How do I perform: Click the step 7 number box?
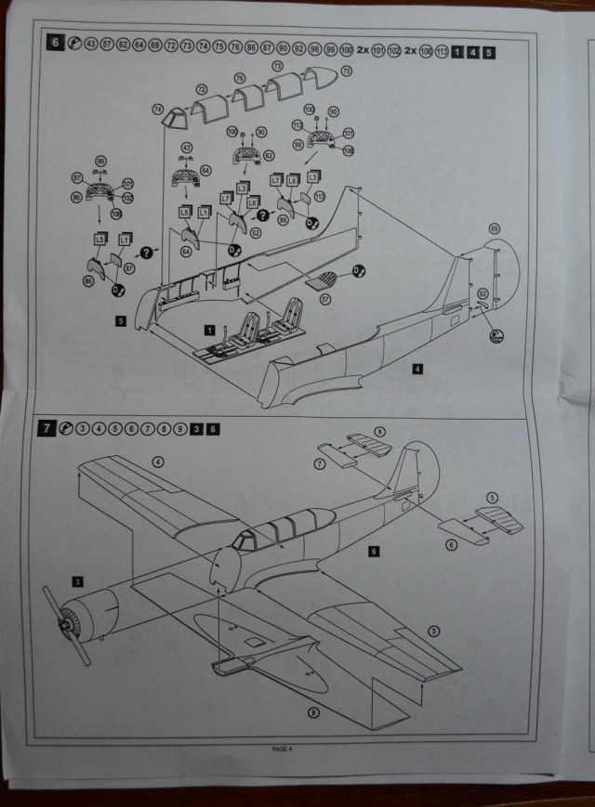(46, 428)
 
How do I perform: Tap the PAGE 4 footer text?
(283, 748)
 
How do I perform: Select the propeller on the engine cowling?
(68, 630)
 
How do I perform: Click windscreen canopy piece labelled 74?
(173, 119)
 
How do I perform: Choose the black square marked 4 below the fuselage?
(419, 369)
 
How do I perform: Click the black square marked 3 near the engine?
(77, 581)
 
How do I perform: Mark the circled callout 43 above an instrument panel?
(187, 149)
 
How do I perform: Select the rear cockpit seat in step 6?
(281, 330)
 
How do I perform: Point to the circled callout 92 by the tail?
(483, 294)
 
